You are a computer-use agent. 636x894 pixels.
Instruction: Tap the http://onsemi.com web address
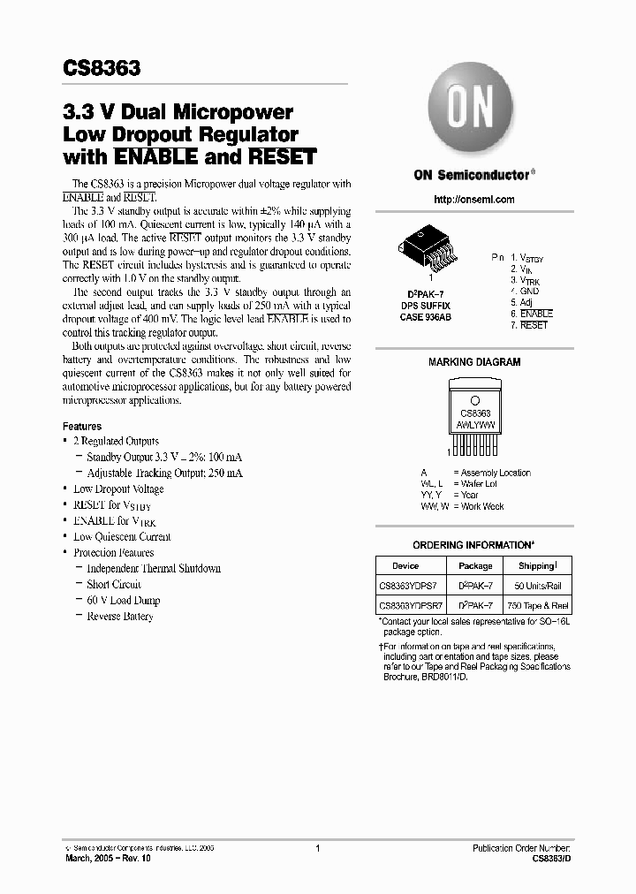[473, 200]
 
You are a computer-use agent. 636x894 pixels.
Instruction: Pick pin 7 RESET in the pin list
[529, 325]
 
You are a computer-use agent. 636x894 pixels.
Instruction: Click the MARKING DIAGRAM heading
[473, 362]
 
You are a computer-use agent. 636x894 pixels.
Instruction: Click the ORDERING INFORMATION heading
[473, 545]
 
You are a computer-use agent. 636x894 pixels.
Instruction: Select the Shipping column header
[537, 566]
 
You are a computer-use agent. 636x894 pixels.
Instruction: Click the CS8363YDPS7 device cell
[411, 587]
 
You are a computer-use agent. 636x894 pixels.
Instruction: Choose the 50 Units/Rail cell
[537, 587]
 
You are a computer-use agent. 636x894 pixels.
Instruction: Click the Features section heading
[82, 426]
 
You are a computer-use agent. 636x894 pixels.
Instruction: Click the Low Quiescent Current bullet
[122, 536]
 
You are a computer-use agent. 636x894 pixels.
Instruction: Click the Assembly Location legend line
[495, 473]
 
